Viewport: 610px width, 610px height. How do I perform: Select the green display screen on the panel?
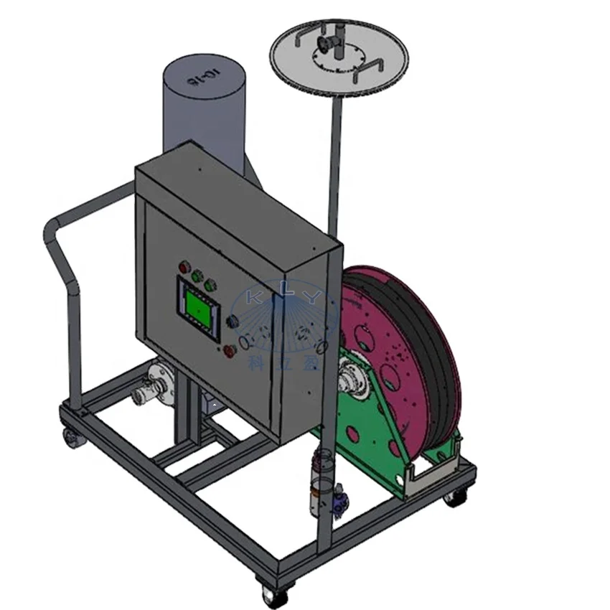[197, 306]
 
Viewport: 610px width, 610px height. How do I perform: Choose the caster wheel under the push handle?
[71, 436]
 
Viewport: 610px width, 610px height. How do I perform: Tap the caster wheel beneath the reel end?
[453, 496]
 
